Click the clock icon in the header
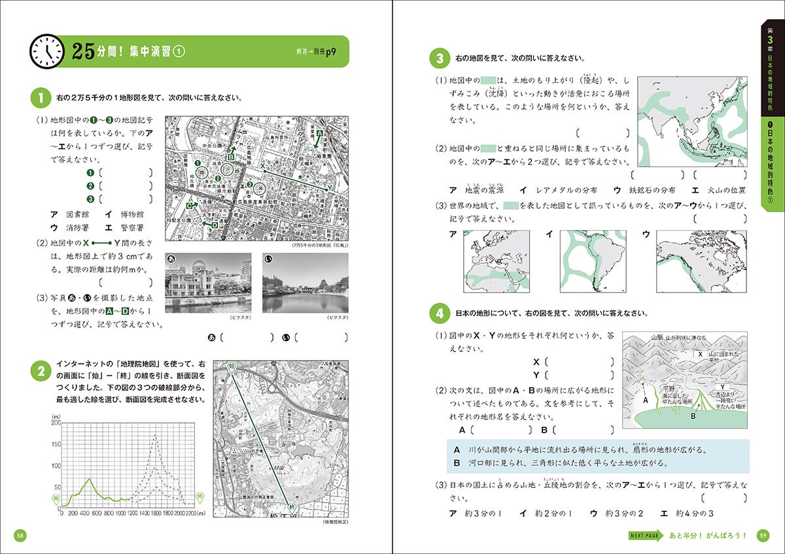[x=47, y=51]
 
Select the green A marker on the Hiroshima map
[x=320, y=133]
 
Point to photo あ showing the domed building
[x=208, y=283]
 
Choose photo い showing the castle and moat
[x=305, y=283]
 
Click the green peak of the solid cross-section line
[x=90, y=479]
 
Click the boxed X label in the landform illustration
[x=700, y=354]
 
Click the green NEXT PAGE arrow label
[x=646, y=536]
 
